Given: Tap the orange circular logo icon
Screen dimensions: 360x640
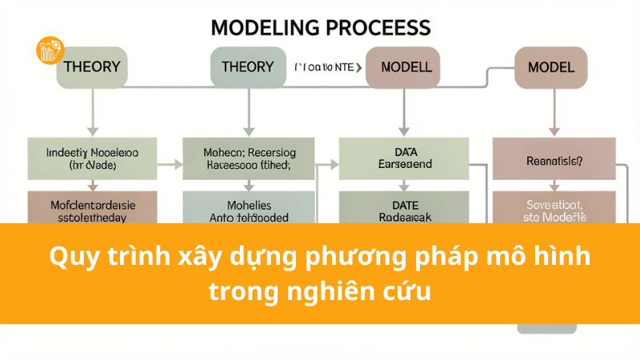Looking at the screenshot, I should pyautogui.click(x=50, y=50).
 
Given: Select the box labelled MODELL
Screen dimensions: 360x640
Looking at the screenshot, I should pyautogui.click(x=402, y=67).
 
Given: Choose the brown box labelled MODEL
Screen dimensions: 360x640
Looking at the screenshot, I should pyautogui.click(x=550, y=67).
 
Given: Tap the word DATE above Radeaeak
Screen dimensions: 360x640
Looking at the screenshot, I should pyautogui.click(x=402, y=206).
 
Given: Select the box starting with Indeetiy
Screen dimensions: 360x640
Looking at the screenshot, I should pyautogui.click(x=92, y=157).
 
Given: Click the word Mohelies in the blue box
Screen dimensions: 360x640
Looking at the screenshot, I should pyautogui.click(x=250, y=204).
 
